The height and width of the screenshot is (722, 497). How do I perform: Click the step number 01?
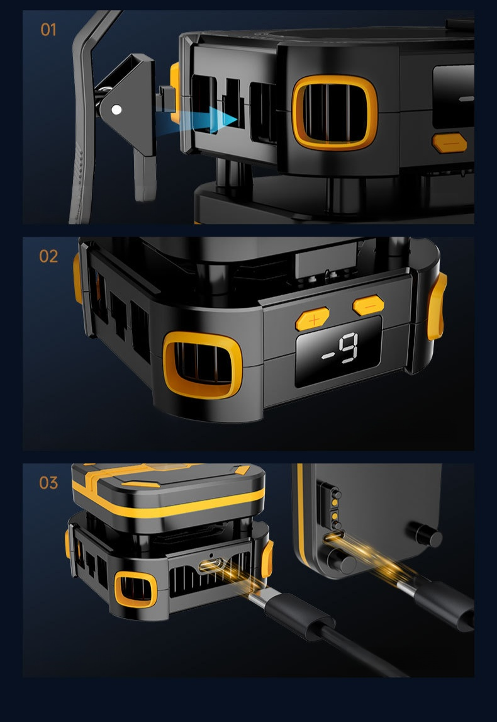48,30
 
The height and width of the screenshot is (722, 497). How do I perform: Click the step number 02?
49,256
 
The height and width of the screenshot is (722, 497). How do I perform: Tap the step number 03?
49,483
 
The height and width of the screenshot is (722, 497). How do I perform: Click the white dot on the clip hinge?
117,110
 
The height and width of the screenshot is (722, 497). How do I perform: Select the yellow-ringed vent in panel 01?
335,113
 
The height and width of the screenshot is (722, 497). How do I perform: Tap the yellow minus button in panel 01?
450,143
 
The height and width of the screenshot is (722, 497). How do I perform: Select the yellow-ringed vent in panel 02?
203,364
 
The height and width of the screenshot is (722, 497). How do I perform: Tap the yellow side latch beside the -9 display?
437,306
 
